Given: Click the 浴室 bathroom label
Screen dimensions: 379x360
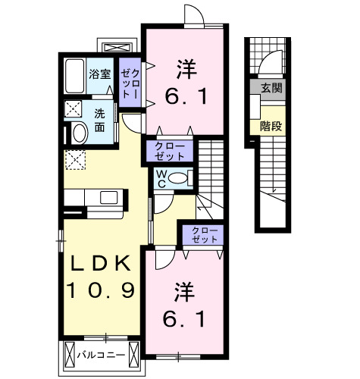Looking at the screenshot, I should coord(100,74).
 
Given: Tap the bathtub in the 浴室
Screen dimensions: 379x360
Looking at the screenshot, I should coord(74,76).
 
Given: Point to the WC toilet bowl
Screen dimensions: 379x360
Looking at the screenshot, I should coord(178,179).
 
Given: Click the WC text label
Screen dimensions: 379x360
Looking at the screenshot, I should coord(161,180).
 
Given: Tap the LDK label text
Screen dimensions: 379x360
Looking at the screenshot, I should coord(102,263).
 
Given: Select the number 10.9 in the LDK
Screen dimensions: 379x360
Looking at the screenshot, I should coord(102,290).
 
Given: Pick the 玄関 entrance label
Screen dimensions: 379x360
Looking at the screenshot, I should coord(271,88).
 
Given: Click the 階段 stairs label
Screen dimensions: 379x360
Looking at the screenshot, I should coord(271,125).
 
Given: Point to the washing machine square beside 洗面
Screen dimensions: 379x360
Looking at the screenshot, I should coord(74,108).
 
